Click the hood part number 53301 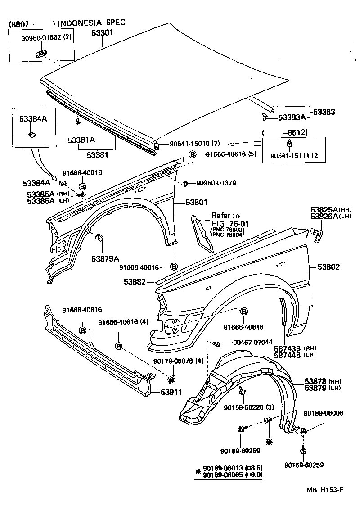pos(103,33)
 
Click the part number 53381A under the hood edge pos(81,140)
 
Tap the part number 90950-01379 pos(216,183)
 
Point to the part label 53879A pos(105,258)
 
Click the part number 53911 pos(171,392)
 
